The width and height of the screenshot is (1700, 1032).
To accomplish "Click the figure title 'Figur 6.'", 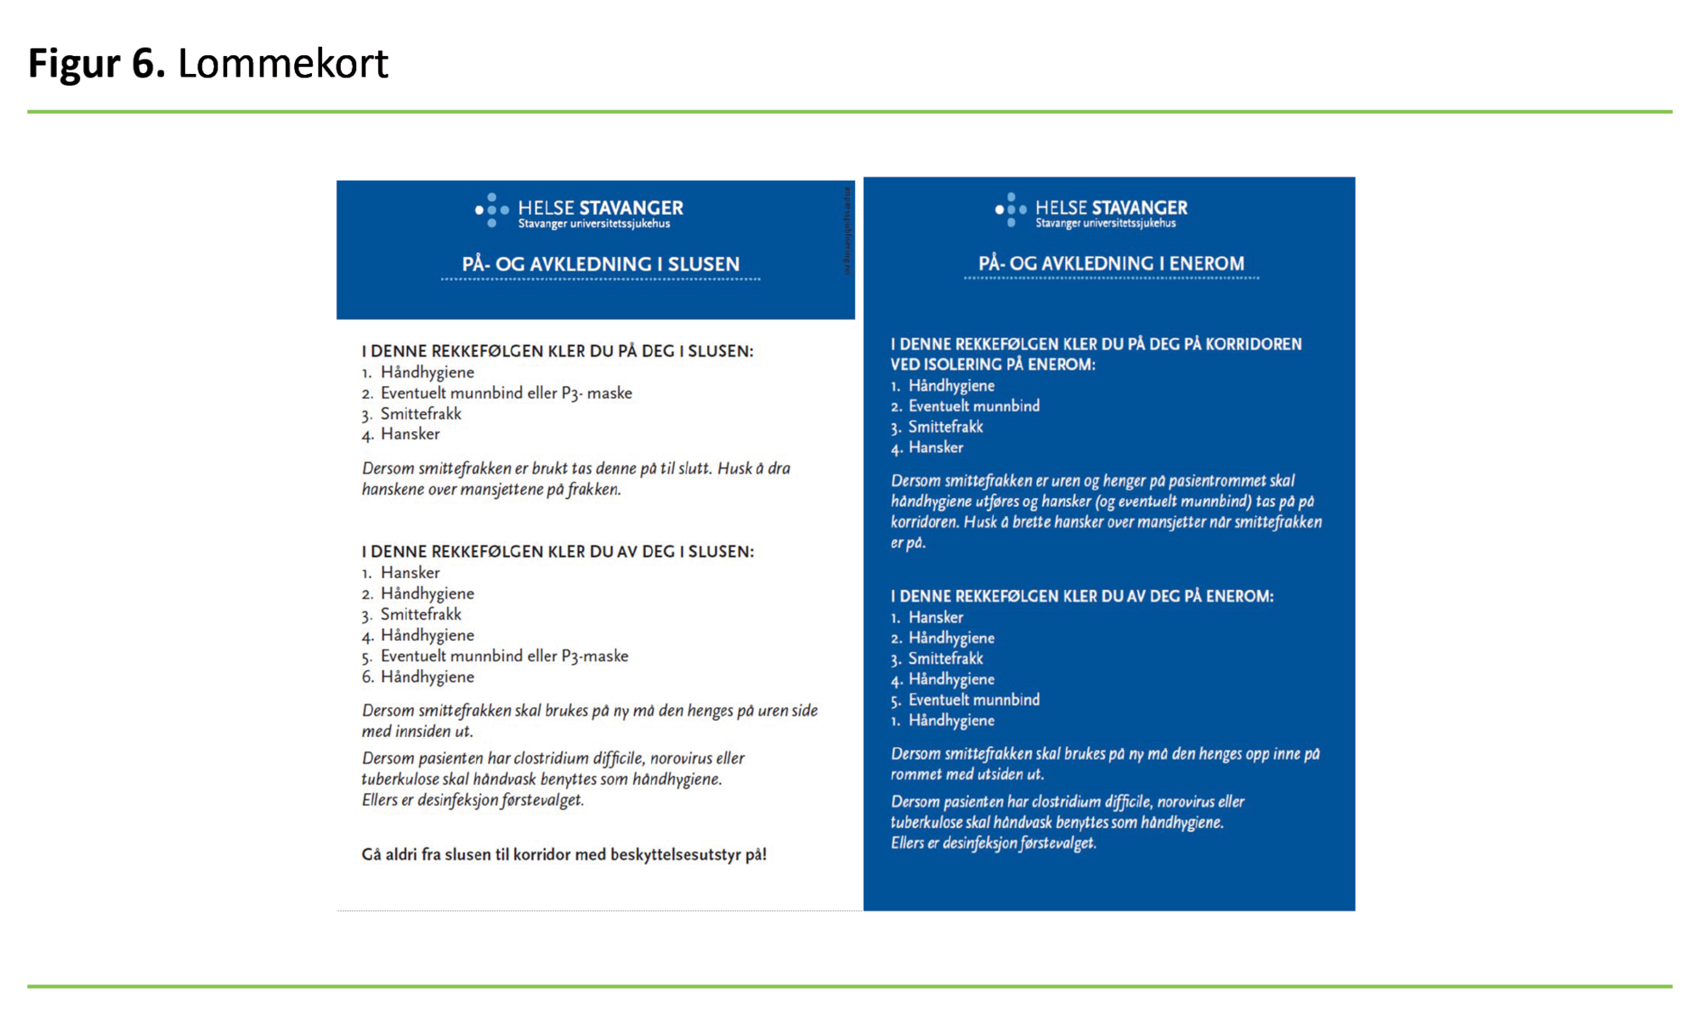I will [96, 64].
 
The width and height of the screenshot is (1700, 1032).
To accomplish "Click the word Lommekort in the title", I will [282, 64].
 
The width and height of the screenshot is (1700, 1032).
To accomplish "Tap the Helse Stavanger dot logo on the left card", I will [491, 210].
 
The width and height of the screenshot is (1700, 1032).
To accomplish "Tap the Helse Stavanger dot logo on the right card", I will [1010, 209].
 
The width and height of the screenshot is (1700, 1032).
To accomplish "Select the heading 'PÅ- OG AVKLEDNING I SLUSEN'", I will [600, 264].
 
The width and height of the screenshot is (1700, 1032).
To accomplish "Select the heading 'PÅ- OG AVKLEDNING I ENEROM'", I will [1111, 264].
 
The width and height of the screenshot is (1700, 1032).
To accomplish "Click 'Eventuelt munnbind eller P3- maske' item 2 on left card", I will [506, 393].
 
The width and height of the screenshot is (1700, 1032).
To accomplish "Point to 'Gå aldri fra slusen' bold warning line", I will [564, 854].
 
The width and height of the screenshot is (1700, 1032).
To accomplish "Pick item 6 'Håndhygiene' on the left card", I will [427, 677].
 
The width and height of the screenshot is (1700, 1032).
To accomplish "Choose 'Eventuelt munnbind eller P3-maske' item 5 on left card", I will [504, 656].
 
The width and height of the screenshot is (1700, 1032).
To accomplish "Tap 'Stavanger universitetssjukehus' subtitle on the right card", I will [1105, 224].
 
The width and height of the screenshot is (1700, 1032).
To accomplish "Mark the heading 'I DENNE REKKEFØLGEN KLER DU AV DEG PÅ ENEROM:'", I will [1081, 596].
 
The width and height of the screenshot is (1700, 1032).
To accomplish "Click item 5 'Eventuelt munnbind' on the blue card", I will [973, 700].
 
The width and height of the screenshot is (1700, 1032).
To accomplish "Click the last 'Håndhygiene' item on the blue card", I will [950, 721].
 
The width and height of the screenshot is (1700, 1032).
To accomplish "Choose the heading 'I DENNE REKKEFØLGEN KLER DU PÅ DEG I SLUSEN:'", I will [557, 351].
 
